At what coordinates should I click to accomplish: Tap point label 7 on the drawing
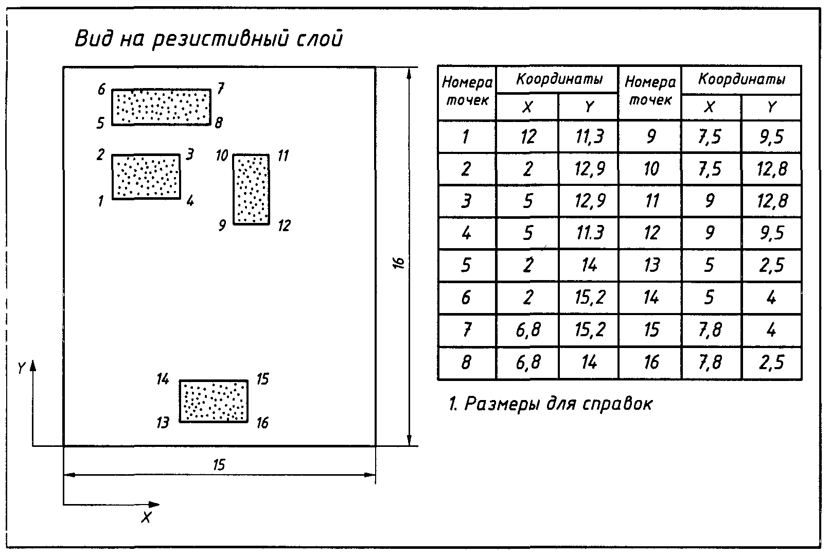[x=220, y=89]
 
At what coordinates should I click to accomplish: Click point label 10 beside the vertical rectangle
[x=222, y=155]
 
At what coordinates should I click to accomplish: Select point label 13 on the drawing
[x=163, y=423]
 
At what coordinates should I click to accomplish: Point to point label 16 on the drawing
[x=262, y=423]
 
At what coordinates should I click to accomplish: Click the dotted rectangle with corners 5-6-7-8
[x=162, y=107]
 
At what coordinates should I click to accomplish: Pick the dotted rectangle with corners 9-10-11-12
[x=251, y=189]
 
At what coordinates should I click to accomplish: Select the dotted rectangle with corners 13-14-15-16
[x=214, y=401]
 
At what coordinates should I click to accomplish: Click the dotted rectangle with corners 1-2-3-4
[x=146, y=176]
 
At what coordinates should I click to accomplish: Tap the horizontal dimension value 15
[x=219, y=465]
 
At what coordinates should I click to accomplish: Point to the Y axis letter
[x=21, y=367]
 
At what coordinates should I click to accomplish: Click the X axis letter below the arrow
[x=147, y=518]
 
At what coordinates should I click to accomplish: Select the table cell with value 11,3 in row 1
[x=589, y=137]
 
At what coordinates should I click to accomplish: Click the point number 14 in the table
[x=650, y=298]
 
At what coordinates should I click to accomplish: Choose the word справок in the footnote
[x=617, y=404]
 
